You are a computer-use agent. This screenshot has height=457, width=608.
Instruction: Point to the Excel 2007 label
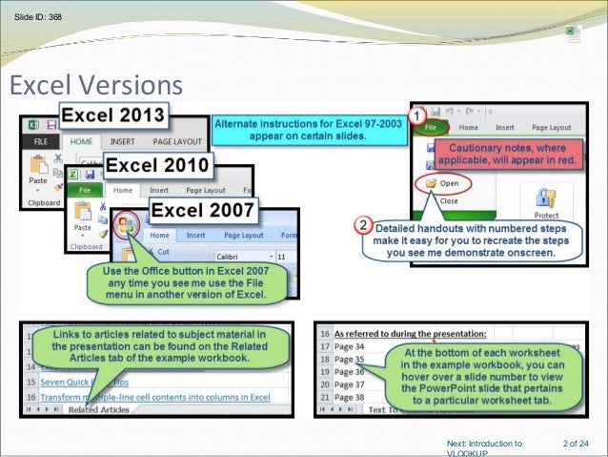tap(204, 209)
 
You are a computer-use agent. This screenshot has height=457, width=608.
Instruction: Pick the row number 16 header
tap(323, 333)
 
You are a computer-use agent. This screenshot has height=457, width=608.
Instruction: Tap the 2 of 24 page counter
tap(576, 443)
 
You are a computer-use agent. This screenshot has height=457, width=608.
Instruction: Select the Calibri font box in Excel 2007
tap(237, 257)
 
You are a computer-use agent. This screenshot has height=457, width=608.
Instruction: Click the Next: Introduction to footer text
tap(484, 444)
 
